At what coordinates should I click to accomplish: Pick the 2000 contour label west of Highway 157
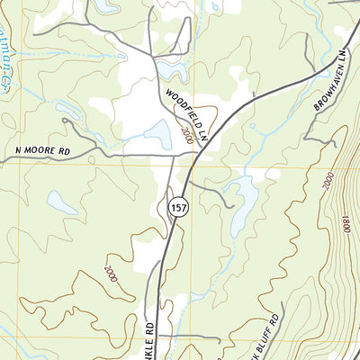(x=110, y=269)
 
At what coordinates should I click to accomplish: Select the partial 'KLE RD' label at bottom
(x=150, y=337)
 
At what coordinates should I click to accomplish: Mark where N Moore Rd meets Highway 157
(x=173, y=156)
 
